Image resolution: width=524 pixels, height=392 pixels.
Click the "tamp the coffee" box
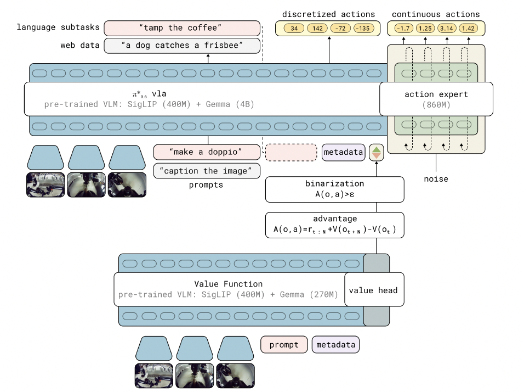[x=181, y=28]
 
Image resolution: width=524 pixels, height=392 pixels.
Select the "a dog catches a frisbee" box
[x=181, y=46]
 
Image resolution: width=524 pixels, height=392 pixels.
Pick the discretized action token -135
[x=362, y=28]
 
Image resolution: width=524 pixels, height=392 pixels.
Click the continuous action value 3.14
[x=447, y=28]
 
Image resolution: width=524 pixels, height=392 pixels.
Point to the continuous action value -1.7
[x=403, y=28]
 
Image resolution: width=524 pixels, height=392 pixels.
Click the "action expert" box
[x=436, y=99]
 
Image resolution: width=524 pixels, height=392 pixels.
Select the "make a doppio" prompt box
[x=206, y=152]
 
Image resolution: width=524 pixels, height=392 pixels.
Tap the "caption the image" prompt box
[x=206, y=171]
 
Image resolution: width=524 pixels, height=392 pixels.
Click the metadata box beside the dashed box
[x=343, y=152]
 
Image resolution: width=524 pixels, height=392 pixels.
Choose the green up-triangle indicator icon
[x=377, y=148]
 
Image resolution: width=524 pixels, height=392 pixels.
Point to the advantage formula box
[x=334, y=225]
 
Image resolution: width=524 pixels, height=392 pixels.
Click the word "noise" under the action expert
[x=436, y=179]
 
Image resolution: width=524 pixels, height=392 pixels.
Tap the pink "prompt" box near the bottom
[x=283, y=345]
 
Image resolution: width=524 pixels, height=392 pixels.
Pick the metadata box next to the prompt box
[x=335, y=345]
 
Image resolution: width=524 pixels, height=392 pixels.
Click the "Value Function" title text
[x=228, y=284]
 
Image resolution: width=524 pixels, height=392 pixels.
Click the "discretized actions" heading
[x=328, y=14]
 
